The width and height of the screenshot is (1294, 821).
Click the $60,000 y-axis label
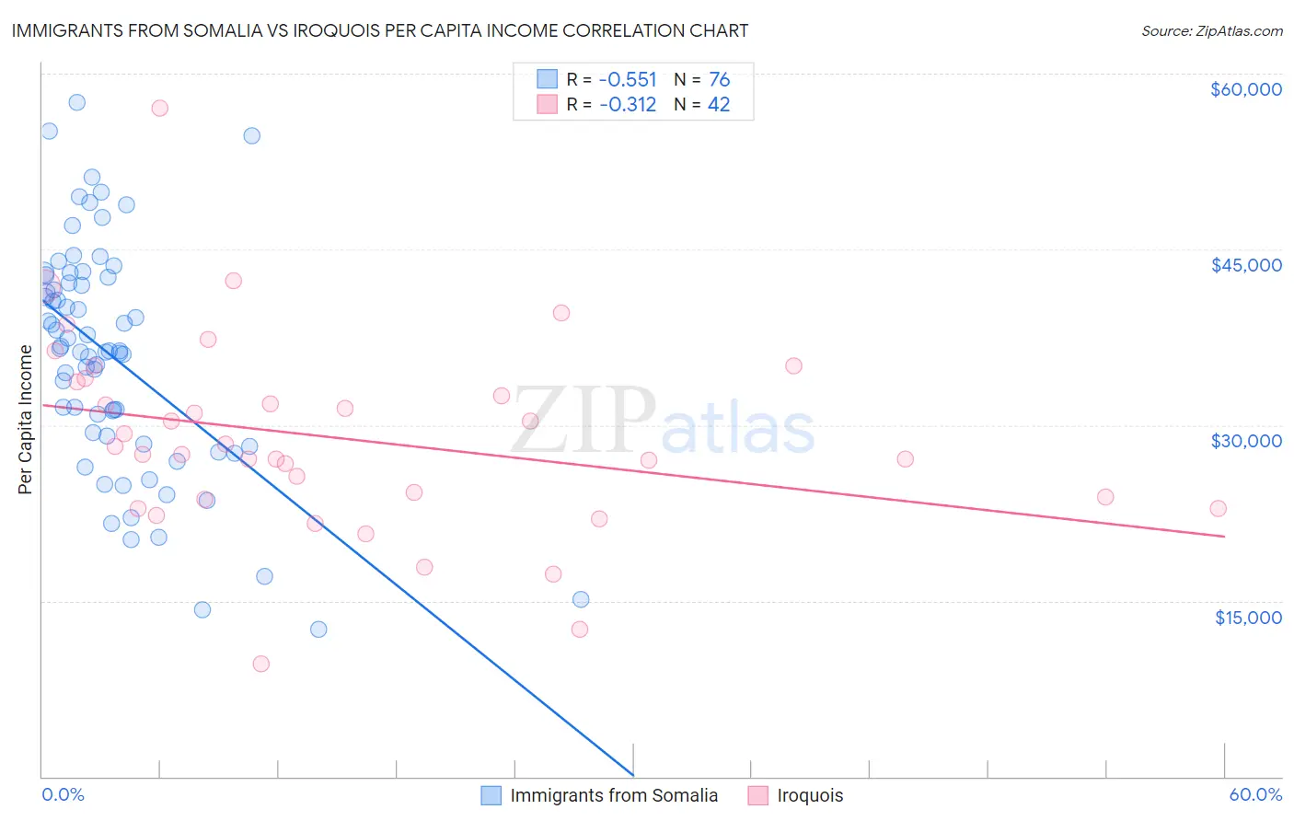tap(1245, 89)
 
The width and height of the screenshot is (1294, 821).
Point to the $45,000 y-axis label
tap(1245, 265)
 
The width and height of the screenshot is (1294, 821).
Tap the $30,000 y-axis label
tap(1245, 441)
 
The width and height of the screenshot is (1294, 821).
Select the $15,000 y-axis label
tap(1247, 618)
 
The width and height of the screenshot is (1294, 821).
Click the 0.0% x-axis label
tap(63, 794)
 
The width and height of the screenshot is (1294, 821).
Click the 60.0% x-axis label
tap(1254, 794)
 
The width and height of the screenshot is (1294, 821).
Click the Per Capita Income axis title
tap(26, 419)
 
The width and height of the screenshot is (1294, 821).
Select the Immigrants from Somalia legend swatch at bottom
tap(492, 795)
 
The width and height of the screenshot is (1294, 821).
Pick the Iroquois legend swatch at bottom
tap(758, 795)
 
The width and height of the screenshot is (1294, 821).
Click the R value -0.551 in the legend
tap(628, 80)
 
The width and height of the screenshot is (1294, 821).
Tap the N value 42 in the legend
tap(719, 105)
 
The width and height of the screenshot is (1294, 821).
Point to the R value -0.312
tap(628, 105)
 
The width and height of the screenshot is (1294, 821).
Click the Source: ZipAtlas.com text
tap(1211, 30)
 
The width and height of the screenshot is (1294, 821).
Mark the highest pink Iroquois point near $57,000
tap(159, 108)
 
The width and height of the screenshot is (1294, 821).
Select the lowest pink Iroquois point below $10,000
tap(260, 664)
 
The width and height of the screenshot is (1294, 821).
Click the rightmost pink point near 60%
tap(1218, 508)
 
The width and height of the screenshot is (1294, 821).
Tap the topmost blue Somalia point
tap(77, 102)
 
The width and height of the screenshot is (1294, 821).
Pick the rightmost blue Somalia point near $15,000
tap(581, 599)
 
